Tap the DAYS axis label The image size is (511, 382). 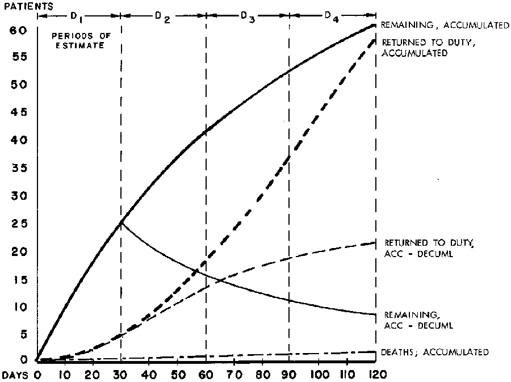tap(14, 375)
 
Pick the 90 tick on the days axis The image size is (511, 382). tap(290, 375)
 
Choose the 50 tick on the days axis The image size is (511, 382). tap(178, 375)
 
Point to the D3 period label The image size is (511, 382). tap(247, 15)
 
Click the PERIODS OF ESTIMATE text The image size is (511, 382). tap(78, 41)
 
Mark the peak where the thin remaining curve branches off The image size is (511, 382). tap(122, 222)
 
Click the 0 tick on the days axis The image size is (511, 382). tap(38, 375)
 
